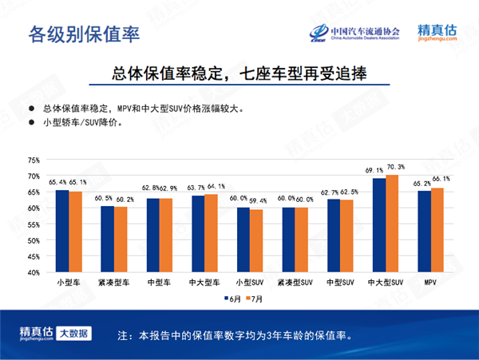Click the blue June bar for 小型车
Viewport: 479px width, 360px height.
(61, 231)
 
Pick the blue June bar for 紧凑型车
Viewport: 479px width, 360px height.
(108, 239)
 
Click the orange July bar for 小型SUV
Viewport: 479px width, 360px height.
(255, 241)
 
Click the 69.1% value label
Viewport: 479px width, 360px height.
(376, 171)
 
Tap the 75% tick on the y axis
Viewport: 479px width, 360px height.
(33, 160)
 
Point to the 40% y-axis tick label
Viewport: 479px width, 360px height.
(33, 272)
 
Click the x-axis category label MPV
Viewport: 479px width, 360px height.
(430, 283)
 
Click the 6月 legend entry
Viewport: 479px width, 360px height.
(232, 299)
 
